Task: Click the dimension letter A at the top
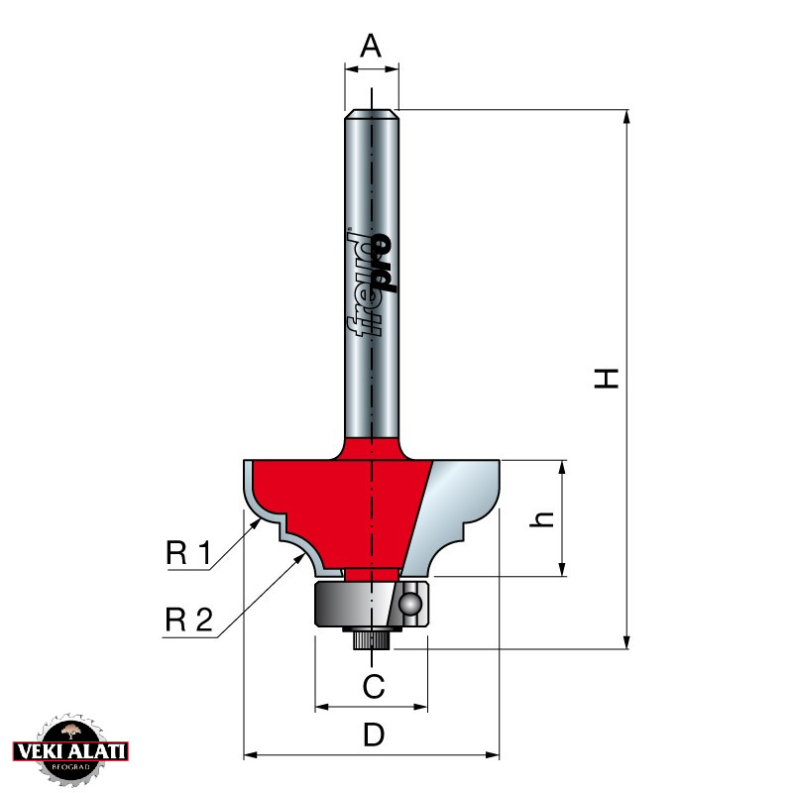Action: pyautogui.click(x=371, y=46)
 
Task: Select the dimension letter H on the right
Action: pyautogui.click(x=606, y=379)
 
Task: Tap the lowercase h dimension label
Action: pyautogui.click(x=541, y=518)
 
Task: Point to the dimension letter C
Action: pyautogui.click(x=374, y=686)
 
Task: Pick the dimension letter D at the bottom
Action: pyautogui.click(x=374, y=735)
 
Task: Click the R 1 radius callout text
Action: pyautogui.click(x=188, y=552)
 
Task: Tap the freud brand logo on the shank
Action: pyautogui.click(x=372, y=283)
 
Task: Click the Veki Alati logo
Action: pyautogui.click(x=70, y=750)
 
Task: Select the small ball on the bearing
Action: pyautogui.click(x=408, y=604)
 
